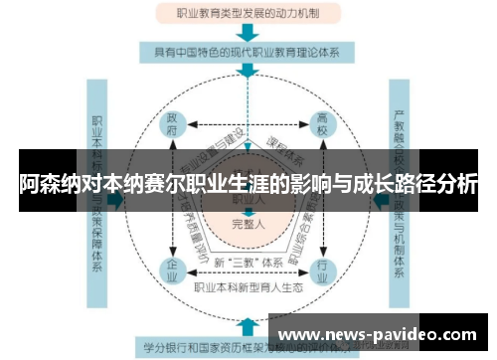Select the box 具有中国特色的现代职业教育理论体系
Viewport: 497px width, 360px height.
pos(247,50)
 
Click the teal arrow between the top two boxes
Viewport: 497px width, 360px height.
pos(247,31)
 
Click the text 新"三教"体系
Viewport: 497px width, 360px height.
pos(247,263)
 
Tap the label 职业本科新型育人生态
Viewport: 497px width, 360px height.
pos(248,288)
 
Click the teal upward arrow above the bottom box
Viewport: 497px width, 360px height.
pos(247,323)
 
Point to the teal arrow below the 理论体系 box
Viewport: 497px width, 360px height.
pos(247,72)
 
